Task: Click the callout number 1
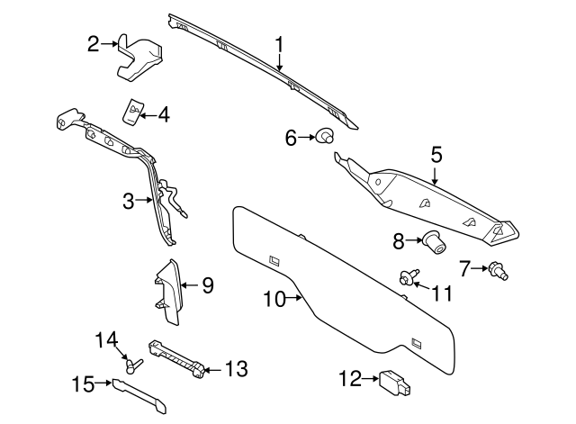(279, 43)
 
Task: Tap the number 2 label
(94, 42)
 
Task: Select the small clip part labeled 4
(132, 110)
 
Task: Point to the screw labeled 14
(132, 364)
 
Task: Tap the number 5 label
(436, 154)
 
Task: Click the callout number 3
(129, 200)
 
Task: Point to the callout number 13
(235, 368)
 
